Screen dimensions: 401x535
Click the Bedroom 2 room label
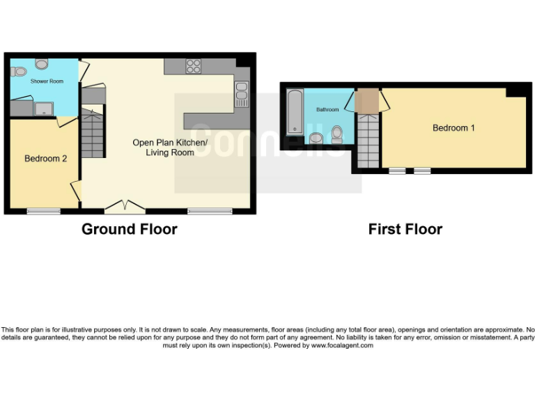point(45,159)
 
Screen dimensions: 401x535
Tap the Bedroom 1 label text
point(453,128)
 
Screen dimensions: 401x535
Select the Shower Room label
point(46,81)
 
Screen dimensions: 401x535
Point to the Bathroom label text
point(327,110)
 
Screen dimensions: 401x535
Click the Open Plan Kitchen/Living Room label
point(170,148)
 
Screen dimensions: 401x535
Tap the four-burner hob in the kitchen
point(193,66)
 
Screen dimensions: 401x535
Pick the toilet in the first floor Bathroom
point(337,133)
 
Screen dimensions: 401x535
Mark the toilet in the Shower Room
point(18,70)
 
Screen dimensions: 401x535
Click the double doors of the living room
point(125,206)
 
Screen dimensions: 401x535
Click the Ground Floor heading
point(130,229)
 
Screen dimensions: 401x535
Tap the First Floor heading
point(405,229)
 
